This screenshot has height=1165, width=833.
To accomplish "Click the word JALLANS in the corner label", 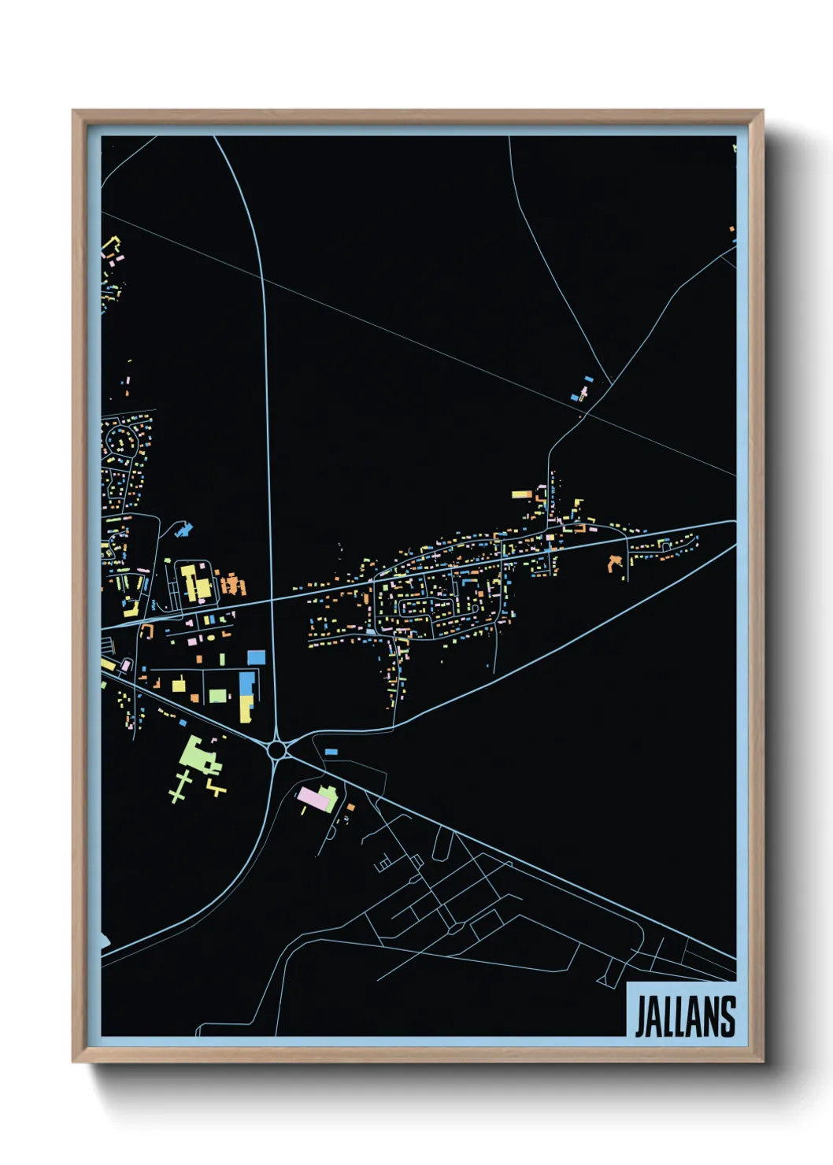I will tap(684, 1016).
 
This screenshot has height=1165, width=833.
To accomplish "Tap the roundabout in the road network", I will tap(276, 749).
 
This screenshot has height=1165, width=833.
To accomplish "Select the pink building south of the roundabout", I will tap(313, 799).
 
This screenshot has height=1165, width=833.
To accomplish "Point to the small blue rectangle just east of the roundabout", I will tap(331, 753).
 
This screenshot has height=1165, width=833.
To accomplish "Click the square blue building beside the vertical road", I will tap(257, 657).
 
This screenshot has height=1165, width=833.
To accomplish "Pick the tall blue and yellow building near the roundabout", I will tap(247, 696).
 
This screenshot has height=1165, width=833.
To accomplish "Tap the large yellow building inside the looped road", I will tap(194, 582).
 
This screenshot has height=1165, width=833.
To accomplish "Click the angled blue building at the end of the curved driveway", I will tap(184, 530).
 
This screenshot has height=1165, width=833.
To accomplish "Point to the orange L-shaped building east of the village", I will tap(613, 563).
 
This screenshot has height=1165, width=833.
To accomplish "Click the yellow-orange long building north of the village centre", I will tap(522, 494).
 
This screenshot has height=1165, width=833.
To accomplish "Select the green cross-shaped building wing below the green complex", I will tap(180, 786).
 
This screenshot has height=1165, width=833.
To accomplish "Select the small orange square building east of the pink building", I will tap(351, 807).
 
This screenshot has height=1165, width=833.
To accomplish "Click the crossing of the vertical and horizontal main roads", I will tap(271, 600).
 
